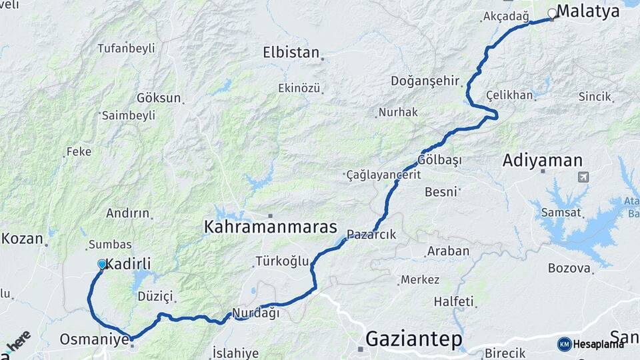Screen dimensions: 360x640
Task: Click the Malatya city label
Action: click(588, 11)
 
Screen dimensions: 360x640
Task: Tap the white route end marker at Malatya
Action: click(552, 13)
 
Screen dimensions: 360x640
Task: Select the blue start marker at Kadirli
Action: click(102, 265)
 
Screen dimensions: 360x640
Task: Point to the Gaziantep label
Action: click(413, 339)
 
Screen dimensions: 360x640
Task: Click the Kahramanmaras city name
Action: click(271, 227)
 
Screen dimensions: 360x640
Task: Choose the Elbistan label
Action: click(291, 53)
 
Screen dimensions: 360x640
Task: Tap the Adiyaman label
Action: click(543, 161)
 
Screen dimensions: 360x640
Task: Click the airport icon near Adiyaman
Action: click(584, 177)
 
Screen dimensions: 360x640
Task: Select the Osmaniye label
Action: click(94, 339)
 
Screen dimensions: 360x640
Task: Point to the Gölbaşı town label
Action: click(440, 160)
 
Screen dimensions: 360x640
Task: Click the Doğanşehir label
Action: click(425, 81)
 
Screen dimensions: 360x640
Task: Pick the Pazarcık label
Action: click(371, 235)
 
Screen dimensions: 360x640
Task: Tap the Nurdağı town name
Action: click(255, 314)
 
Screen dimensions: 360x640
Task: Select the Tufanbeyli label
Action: click(126, 48)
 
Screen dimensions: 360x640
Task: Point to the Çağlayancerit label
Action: click(383, 175)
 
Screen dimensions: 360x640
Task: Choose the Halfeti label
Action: click(453, 301)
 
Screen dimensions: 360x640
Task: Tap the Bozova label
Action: click(569, 269)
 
